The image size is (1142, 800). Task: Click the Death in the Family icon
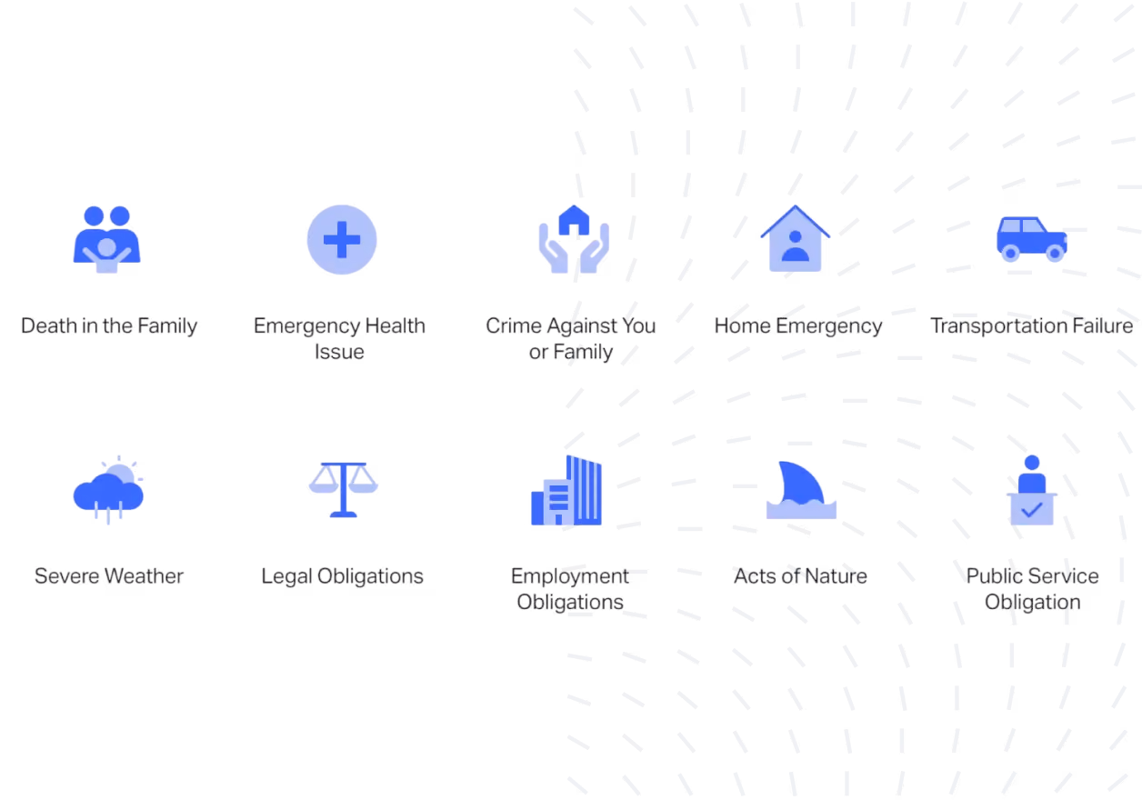[106, 239]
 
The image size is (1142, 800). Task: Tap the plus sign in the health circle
[342, 240]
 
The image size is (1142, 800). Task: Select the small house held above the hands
[574, 220]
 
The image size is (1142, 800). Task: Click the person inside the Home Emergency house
[796, 246]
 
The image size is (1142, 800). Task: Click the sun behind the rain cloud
[120, 472]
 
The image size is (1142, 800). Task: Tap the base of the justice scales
[343, 514]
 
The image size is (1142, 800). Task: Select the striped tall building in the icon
[585, 490]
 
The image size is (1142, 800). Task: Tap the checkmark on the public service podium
[1031, 509]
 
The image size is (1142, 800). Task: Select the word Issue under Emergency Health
[339, 352]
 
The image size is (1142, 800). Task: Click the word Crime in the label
[514, 325]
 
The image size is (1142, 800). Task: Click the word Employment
[569, 576]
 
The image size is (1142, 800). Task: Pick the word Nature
[836, 576]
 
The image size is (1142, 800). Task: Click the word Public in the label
[994, 576]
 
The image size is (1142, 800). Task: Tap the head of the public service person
[1032, 463]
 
